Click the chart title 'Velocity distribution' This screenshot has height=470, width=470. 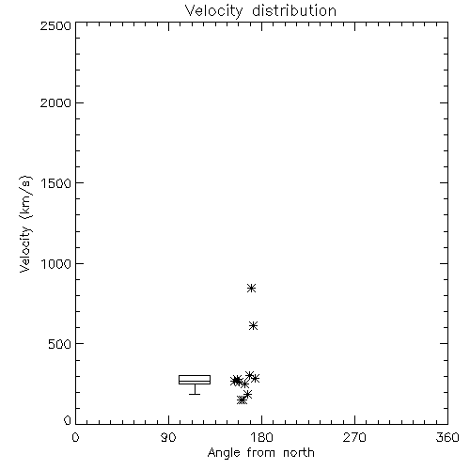coord(260,11)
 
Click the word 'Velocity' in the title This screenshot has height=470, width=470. coord(213,11)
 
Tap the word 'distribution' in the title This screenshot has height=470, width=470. coord(294,10)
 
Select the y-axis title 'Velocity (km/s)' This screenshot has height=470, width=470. coord(25,224)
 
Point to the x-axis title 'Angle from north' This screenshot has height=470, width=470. coord(260,453)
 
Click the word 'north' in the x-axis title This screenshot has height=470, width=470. coord(299,452)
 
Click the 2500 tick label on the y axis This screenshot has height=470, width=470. coord(55,25)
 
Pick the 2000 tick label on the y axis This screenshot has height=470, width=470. coord(55,102)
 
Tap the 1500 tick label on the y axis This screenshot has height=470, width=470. coord(56,183)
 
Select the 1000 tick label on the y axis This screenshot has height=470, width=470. coord(56,263)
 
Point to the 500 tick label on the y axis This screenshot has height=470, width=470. coord(60,344)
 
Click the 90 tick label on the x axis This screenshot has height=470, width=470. coord(168,438)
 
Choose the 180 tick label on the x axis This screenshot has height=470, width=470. coord(261,438)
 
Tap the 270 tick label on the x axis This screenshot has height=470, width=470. coord(354,438)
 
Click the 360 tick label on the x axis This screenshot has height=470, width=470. coord(447,438)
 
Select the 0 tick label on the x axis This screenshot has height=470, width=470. coord(75,438)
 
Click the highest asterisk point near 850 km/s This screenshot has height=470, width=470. coord(251,288)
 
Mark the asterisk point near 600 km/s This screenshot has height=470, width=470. coord(253,326)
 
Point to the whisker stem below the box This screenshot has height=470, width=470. coord(195,389)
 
